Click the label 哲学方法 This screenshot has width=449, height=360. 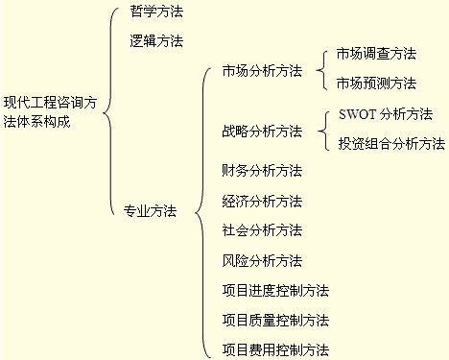tap(156, 12)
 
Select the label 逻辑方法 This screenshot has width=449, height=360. tap(156, 41)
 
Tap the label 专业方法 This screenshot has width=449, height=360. tap(150, 211)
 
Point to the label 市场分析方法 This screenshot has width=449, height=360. tap(262, 71)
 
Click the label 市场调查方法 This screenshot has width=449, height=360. tap(376, 54)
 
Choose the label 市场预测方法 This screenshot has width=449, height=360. tap(376, 84)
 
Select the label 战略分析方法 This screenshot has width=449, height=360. tap(262, 132)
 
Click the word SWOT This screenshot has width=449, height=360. tap(357, 114)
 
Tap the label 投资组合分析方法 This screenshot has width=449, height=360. tap(391, 143)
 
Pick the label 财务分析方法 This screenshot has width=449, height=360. tap(262, 171)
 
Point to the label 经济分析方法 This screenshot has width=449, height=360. tap(262, 202)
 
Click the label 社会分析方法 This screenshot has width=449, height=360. tap(262, 230)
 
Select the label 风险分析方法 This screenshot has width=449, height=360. tap(262, 261)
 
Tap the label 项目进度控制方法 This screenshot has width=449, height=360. tap(275, 291)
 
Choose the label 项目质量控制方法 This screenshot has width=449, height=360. tap(275, 320)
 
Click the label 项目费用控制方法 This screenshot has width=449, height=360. tap(275, 349)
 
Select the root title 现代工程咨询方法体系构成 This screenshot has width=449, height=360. tap(50, 112)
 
